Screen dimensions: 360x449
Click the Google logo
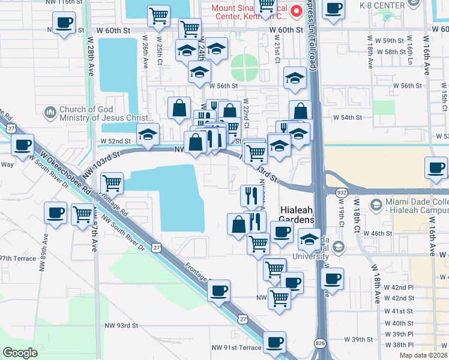[20, 353]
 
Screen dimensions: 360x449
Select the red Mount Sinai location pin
[295, 11]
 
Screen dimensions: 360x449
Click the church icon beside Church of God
[49, 112]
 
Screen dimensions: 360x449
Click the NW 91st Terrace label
[236, 347]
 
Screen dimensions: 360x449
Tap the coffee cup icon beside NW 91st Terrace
[274, 341]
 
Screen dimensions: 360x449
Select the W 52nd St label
[115, 141]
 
